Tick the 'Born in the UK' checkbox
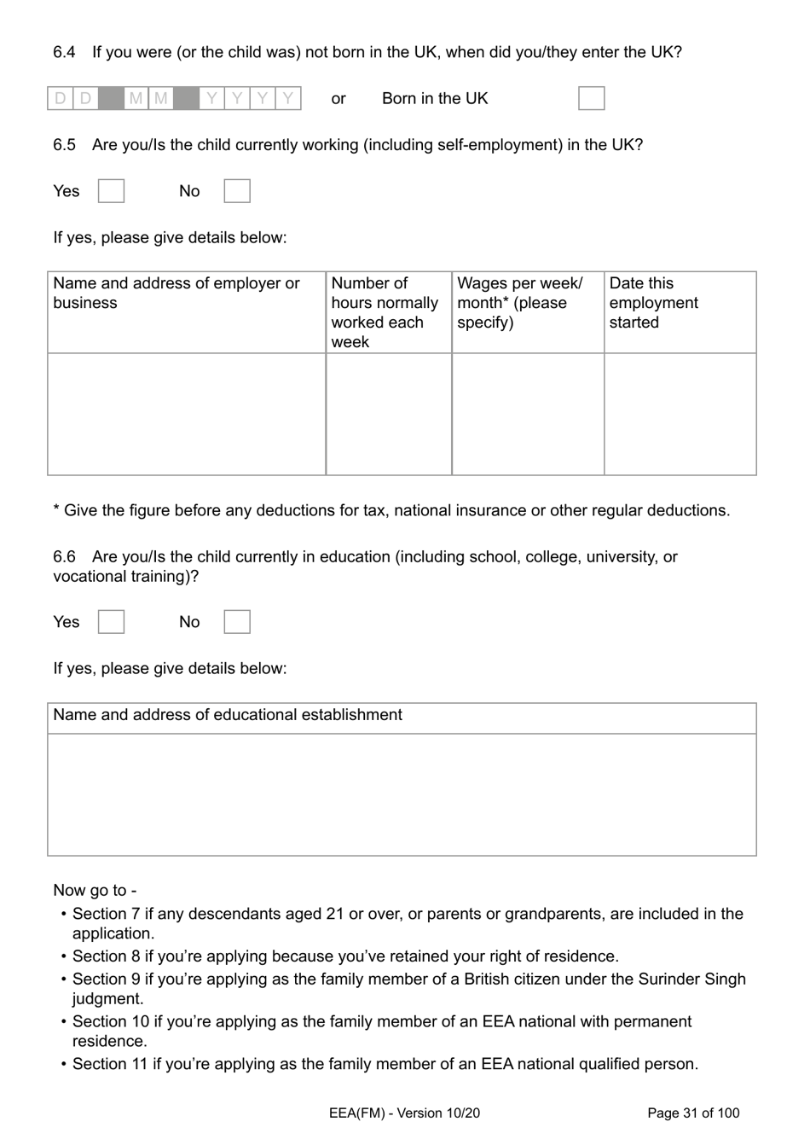coord(591,98)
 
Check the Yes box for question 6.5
coord(111,191)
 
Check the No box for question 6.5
coord(237,191)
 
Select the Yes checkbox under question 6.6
coord(111,622)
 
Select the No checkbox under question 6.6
coord(237,622)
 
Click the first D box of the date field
coord(60,99)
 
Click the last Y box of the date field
coord(288,99)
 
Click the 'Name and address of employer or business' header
coord(176,293)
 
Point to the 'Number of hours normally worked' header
coord(385,312)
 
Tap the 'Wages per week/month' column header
coord(520,303)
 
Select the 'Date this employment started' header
coord(653,303)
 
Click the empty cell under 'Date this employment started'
coord(680,414)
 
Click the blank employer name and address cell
coord(186,414)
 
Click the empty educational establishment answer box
coord(402,794)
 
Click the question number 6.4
coord(64,52)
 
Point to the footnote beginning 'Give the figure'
coord(391,511)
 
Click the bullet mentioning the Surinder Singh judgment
coord(408,989)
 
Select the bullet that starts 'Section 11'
coord(385,1064)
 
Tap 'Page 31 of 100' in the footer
coord(693,1113)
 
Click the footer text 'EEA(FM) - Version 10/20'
coord(404,1113)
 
